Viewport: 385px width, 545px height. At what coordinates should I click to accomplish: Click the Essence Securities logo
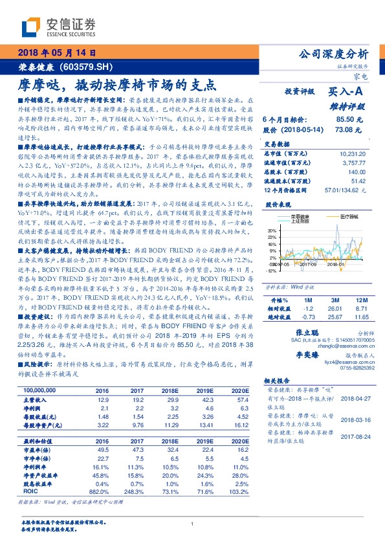(x=58, y=27)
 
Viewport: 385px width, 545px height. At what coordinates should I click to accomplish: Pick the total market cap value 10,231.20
(x=353, y=153)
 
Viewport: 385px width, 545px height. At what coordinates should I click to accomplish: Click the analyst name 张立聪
(x=295, y=331)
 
